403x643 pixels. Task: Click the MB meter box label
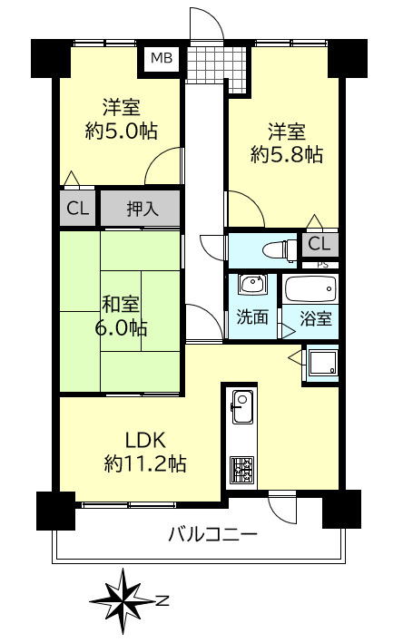[161, 59]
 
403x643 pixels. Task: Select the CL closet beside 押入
[77, 209]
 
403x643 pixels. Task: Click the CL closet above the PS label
[318, 243]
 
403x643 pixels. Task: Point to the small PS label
[321, 264]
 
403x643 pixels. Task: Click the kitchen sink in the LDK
[242, 404]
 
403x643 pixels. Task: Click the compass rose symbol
[122, 598]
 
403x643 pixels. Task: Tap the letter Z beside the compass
[161, 599]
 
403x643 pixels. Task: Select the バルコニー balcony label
[212, 534]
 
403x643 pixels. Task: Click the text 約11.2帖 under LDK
[145, 464]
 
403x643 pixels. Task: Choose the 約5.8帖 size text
[286, 154]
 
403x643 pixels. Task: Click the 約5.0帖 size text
[121, 130]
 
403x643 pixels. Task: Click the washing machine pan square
[321, 364]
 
